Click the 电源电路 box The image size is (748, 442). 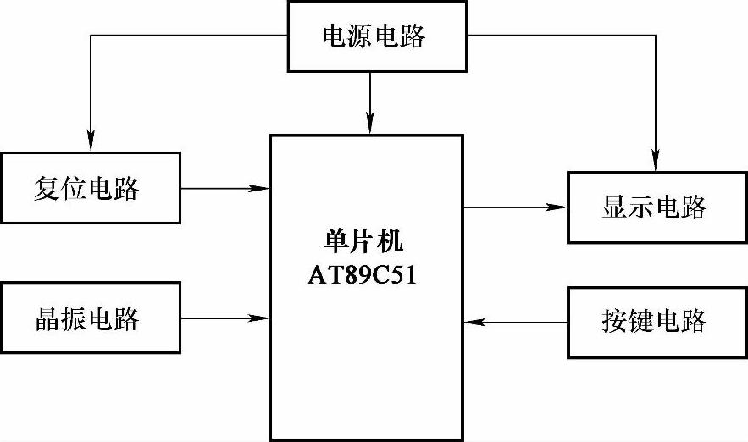pyautogui.click(x=374, y=36)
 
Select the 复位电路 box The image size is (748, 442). pyautogui.click(x=91, y=188)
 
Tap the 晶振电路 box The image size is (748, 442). pyautogui.click(x=91, y=318)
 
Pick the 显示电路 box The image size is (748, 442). pyautogui.click(x=653, y=207)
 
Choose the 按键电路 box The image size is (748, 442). pyautogui.click(x=653, y=322)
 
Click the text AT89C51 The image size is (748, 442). pyautogui.click(x=367, y=276)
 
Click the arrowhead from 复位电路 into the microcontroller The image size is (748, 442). pyautogui.click(x=262, y=188)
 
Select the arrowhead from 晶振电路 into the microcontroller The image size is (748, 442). pyautogui.click(x=262, y=318)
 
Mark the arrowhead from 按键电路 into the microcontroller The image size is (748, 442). pyautogui.click(x=473, y=322)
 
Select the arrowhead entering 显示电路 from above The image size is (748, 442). pyautogui.click(x=654, y=163)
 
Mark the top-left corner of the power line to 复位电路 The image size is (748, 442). pyautogui.click(x=91, y=36)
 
